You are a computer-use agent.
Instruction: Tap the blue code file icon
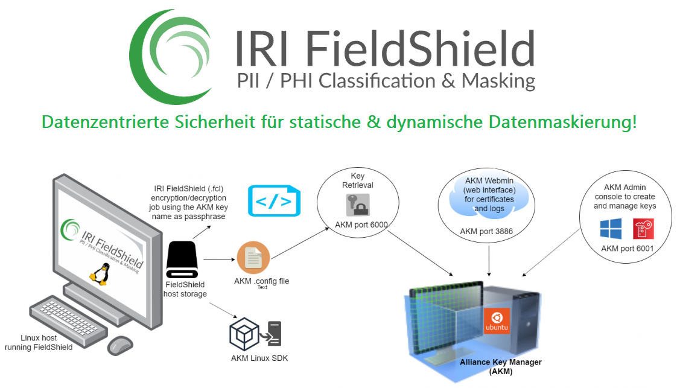click(274, 201)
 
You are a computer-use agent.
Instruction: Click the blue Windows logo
click(610, 229)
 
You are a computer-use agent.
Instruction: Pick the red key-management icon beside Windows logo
click(643, 229)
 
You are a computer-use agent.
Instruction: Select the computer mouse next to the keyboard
click(120, 345)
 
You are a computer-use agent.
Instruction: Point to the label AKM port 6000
click(361, 226)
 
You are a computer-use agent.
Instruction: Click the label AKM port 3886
click(486, 231)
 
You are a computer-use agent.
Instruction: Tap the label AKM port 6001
click(627, 248)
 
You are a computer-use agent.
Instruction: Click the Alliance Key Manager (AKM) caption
click(500, 366)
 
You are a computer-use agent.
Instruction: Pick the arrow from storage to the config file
click(219, 260)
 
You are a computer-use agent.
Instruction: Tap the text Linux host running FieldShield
click(38, 342)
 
